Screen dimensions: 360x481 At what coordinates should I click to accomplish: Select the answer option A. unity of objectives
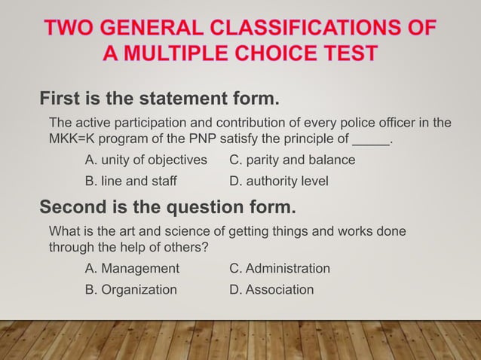(x=146, y=160)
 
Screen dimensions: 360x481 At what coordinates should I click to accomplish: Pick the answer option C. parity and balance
(x=292, y=160)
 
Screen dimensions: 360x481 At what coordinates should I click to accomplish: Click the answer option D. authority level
(x=278, y=182)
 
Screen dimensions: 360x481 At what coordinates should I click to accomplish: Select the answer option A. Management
(x=133, y=268)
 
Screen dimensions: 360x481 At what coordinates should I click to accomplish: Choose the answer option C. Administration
(x=279, y=268)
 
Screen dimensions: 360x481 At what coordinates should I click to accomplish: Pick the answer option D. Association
(x=271, y=289)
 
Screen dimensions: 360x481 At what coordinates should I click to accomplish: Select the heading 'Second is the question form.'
(x=167, y=206)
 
